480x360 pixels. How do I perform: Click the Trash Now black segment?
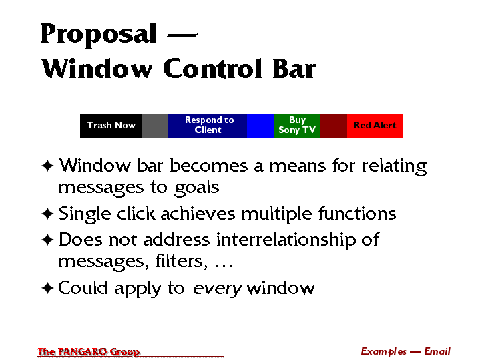(x=111, y=126)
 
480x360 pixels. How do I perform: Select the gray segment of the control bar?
(x=155, y=126)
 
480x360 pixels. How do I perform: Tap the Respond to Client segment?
(x=208, y=126)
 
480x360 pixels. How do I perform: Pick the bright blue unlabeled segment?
(x=260, y=126)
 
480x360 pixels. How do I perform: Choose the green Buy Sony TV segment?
(x=297, y=126)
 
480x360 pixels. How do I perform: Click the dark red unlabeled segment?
(x=334, y=126)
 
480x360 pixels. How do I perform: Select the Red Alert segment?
(x=375, y=126)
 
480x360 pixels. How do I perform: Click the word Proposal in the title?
(x=99, y=34)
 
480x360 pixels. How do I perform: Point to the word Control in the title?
(x=212, y=68)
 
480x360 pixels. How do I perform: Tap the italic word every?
(x=218, y=289)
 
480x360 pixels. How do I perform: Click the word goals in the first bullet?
(x=197, y=188)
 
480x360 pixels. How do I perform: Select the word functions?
(x=357, y=213)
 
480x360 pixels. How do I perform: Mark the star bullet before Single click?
(x=48, y=214)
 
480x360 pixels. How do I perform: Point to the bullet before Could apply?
(x=48, y=288)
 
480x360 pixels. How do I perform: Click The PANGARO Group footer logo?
(x=89, y=352)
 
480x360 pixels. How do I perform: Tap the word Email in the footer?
(x=437, y=351)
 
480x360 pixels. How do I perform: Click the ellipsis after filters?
(x=224, y=266)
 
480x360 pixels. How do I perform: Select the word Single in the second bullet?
(x=85, y=214)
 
